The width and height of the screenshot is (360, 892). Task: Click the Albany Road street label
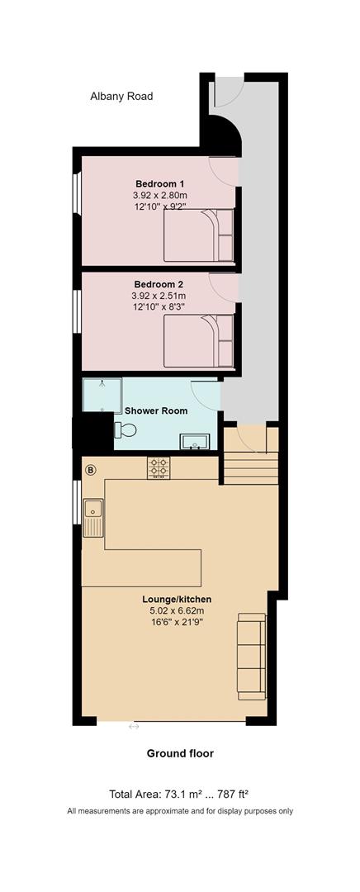point(121,97)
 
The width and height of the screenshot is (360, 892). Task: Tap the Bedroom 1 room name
point(160,183)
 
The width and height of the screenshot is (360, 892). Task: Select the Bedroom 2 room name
point(159,284)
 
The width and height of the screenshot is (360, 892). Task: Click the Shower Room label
point(156,410)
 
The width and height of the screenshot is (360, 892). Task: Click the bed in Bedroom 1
point(199,235)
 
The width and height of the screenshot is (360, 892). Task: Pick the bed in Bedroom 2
point(199,341)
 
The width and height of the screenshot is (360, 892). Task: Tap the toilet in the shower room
point(126,429)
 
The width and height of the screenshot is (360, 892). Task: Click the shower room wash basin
point(195,441)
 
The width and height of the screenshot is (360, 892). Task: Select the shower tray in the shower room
point(102,396)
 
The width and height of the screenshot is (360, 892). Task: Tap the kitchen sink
point(93,518)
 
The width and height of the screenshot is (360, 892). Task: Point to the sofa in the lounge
point(252,657)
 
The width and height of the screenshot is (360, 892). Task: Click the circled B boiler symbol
point(91,470)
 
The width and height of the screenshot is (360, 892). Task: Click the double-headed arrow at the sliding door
point(134,727)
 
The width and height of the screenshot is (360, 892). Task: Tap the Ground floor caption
point(180,754)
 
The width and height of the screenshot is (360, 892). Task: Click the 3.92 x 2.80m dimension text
point(159,195)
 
